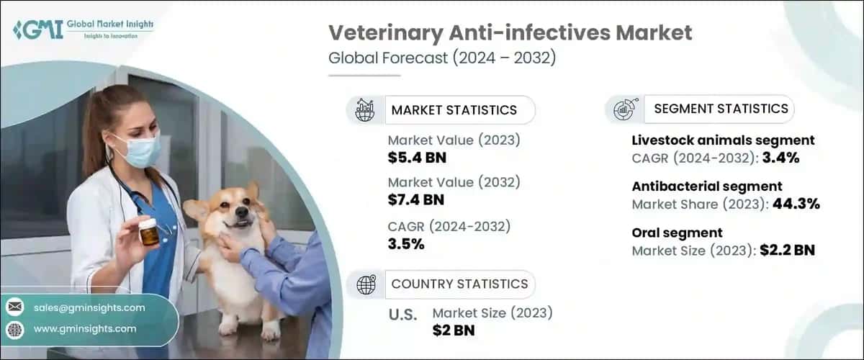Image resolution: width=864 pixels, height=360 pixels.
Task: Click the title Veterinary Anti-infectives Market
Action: tap(510, 33)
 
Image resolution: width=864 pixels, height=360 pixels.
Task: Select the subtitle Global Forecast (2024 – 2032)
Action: tap(442, 59)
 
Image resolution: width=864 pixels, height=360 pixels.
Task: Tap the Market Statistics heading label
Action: tap(454, 110)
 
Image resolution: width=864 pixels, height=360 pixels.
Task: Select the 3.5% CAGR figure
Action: tap(406, 243)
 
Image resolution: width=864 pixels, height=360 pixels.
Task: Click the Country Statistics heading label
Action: tap(459, 284)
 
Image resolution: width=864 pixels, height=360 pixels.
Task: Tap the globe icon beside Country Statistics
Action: tap(366, 284)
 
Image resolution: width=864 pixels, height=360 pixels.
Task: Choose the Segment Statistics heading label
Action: tap(721, 109)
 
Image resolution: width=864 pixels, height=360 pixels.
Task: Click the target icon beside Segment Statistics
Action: tap(624, 109)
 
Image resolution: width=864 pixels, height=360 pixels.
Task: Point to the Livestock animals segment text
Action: tap(723, 140)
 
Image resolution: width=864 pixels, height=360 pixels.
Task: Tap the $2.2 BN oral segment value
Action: tap(788, 251)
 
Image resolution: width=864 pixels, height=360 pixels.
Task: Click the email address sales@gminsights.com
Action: tap(89, 307)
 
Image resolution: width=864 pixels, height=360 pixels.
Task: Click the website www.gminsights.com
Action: tap(85, 328)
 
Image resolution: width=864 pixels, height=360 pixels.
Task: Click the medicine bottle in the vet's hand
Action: tap(148, 232)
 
